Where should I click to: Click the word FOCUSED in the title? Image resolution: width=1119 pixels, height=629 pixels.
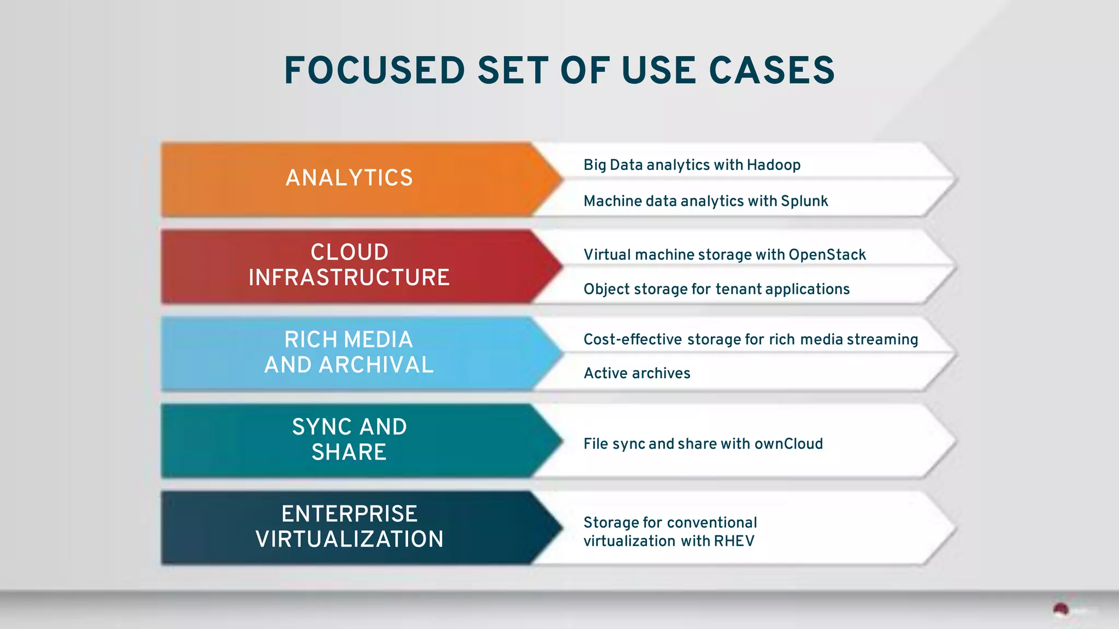(x=374, y=71)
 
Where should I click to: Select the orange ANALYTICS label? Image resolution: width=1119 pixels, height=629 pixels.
(x=349, y=178)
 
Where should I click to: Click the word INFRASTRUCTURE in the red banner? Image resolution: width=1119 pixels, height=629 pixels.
(x=349, y=278)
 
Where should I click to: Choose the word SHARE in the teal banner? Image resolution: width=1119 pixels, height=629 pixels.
(x=349, y=452)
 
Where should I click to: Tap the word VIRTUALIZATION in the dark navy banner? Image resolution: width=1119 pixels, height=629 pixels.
(x=349, y=539)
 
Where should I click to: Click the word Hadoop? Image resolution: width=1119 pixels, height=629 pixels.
(x=774, y=165)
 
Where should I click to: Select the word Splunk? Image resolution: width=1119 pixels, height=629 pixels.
(x=804, y=201)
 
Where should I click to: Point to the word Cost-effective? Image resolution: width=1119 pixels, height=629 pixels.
(x=633, y=339)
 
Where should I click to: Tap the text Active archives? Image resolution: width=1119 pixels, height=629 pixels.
(x=637, y=373)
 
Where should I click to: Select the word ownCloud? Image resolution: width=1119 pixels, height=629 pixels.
(x=788, y=444)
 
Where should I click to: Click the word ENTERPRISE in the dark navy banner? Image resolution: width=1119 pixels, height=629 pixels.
(x=349, y=514)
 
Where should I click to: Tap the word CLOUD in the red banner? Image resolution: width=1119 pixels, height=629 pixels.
(x=349, y=252)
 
